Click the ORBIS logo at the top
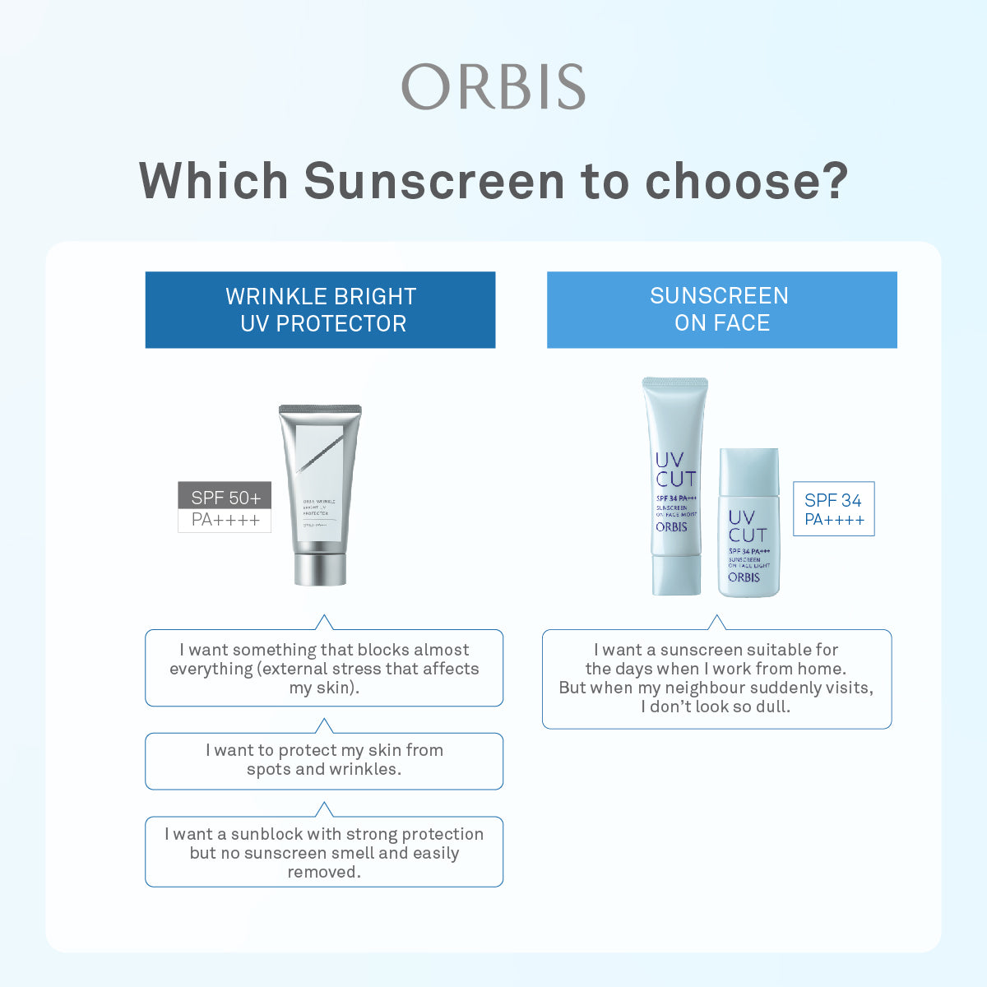point(493,86)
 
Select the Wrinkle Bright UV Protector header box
point(320,310)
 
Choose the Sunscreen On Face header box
point(721,309)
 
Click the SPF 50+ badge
point(225,497)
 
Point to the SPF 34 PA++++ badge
point(833,509)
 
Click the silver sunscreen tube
point(321,485)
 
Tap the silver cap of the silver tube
point(321,568)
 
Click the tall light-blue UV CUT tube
point(674,485)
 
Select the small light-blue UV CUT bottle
point(748,526)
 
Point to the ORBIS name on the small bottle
point(744,577)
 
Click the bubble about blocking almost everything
point(324,668)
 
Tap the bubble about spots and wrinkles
point(324,760)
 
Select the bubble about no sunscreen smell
point(324,852)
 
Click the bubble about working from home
point(716,679)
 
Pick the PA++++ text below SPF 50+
point(225,520)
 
